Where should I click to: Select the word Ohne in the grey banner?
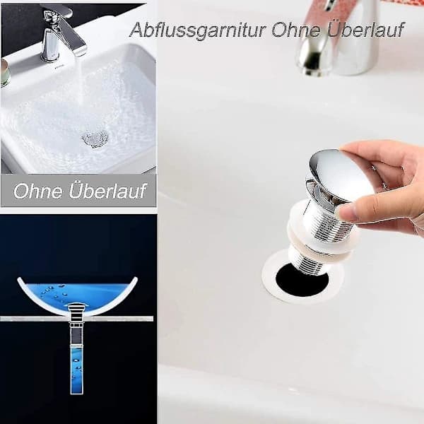[x=38, y=191]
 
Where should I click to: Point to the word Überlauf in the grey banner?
[x=107, y=190]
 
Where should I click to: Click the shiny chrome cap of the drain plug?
[x=340, y=175]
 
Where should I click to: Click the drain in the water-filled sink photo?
[x=95, y=139]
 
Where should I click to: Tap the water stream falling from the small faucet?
[x=78, y=81]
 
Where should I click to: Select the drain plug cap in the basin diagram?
[x=77, y=305]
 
